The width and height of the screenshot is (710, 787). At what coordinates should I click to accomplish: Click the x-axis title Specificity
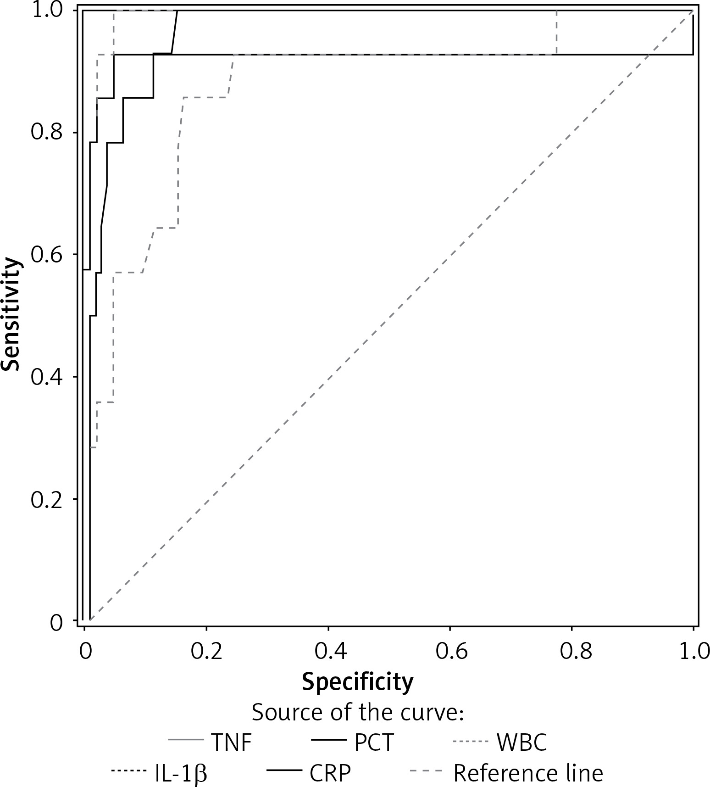pyautogui.click(x=357, y=682)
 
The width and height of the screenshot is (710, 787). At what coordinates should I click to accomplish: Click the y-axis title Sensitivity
pyautogui.click(x=11, y=314)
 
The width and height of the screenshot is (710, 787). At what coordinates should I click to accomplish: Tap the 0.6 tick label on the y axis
pyautogui.click(x=46, y=255)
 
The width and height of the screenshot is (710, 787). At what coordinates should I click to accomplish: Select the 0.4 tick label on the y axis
pyautogui.click(x=46, y=377)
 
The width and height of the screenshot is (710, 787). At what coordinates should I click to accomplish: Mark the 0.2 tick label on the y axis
pyautogui.click(x=46, y=499)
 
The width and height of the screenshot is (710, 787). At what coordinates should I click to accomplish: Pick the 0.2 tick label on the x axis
pyautogui.click(x=206, y=651)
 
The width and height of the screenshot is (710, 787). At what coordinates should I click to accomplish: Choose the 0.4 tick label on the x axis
pyautogui.click(x=328, y=651)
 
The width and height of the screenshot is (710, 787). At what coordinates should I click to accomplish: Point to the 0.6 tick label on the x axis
pyautogui.click(x=450, y=651)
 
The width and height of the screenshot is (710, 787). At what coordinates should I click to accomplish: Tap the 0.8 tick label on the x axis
pyautogui.click(x=571, y=651)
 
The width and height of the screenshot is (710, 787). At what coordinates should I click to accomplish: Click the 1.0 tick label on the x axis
pyautogui.click(x=693, y=651)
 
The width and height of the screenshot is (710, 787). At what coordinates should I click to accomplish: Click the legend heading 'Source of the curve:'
pyautogui.click(x=358, y=713)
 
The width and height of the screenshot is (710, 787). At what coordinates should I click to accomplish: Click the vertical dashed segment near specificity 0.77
pyautogui.click(x=556, y=32)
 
